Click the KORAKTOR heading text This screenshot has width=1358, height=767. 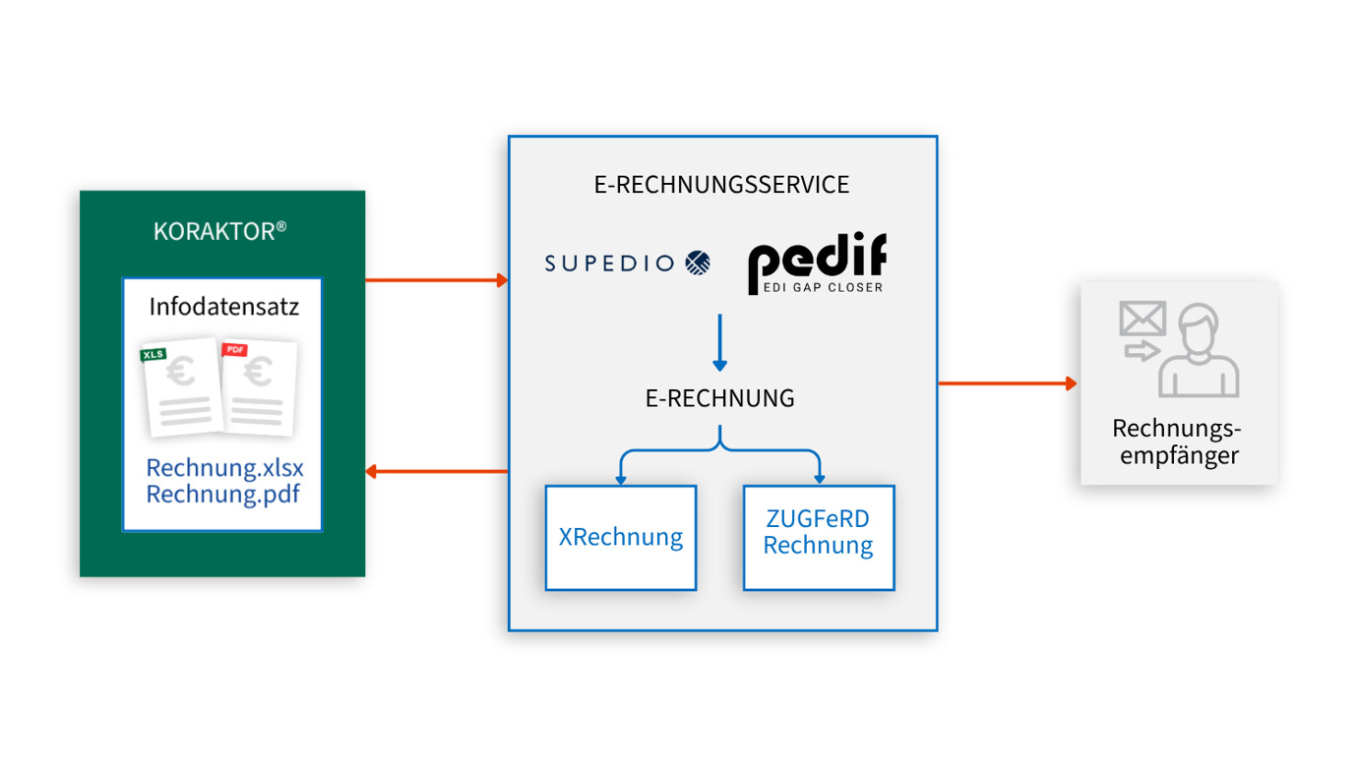(x=219, y=231)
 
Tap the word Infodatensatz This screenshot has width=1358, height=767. (x=223, y=307)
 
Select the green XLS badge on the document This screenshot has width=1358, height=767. (x=154, y=354)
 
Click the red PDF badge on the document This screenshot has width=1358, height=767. (x=234, y=349)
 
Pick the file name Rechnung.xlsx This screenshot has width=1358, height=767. (x=225, y=468)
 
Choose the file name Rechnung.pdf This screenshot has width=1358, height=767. (x=223, y=495)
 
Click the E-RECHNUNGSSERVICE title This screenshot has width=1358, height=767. (x=721, y=185)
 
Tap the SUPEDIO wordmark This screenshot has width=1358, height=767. (x=609, y=264)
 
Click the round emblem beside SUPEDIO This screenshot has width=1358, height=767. (x=698, y=263)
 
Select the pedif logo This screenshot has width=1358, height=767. (x=818, y=263)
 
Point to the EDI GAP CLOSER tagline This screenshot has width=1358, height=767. (x=823, y=288)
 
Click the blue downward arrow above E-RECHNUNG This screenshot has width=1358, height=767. (x=720, y=342)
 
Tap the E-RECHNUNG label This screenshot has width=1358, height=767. (x=719, y=398)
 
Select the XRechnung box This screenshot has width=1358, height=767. (x=621, y=537)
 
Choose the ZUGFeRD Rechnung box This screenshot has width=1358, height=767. (x=819, y=537)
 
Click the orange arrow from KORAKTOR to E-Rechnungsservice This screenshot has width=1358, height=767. (x=437, y=280)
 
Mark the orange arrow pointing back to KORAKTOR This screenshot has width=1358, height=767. (x=437, y=471)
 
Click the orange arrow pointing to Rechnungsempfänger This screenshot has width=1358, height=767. (x=1008, y=383)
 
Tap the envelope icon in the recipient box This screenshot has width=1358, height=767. (x=1142, y=318)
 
